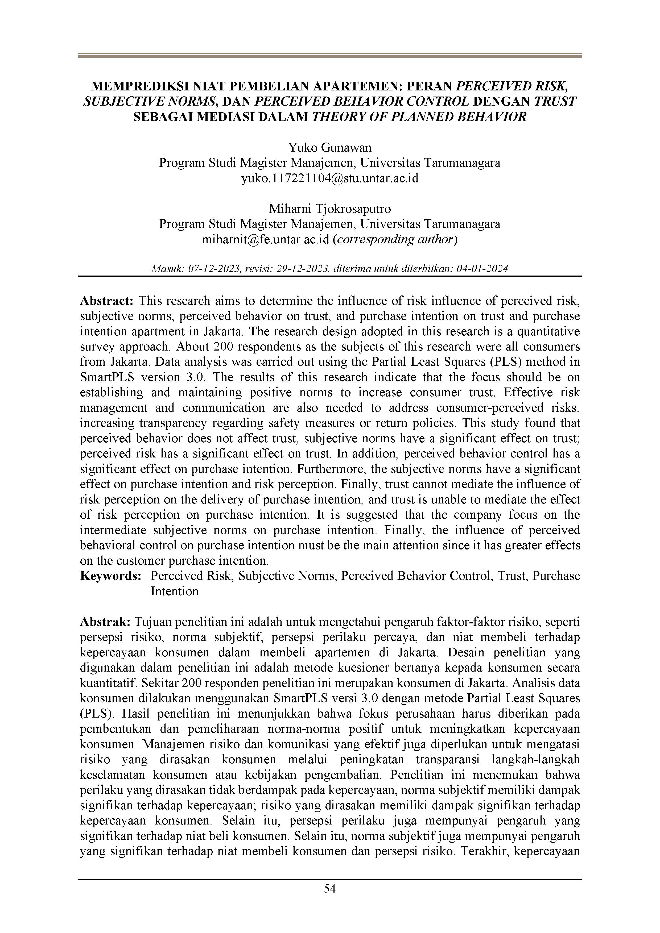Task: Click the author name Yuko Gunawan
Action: pos(330,147)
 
